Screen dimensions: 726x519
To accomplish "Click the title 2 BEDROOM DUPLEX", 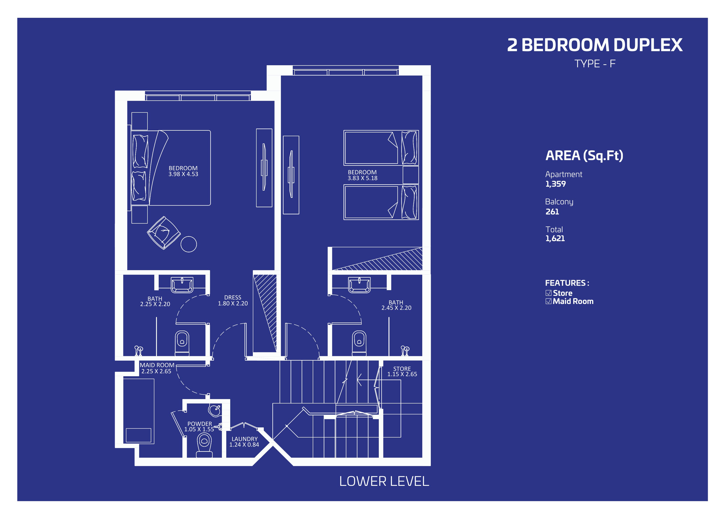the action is [x=595, y=45].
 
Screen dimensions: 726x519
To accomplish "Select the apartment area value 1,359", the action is [x=555, y=184].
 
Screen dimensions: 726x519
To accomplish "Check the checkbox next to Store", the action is [x=548, y=293].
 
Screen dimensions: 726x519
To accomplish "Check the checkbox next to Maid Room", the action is [x=548, y=301].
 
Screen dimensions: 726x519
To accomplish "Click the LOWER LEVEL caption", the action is [x=384, y=481].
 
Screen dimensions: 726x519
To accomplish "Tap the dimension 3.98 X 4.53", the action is [x=183, y=174].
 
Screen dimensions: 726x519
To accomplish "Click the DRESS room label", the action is [x=233, y=298].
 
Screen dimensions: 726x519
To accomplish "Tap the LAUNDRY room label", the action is [x=244, y=439].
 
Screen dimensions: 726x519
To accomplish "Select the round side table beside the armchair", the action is [x=189, y=244].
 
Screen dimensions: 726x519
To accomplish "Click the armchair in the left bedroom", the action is [x=164, y=233].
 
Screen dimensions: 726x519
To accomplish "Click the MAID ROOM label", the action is [x=157, y=365].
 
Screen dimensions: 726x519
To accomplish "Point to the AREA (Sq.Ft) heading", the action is [x=584, y=156].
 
